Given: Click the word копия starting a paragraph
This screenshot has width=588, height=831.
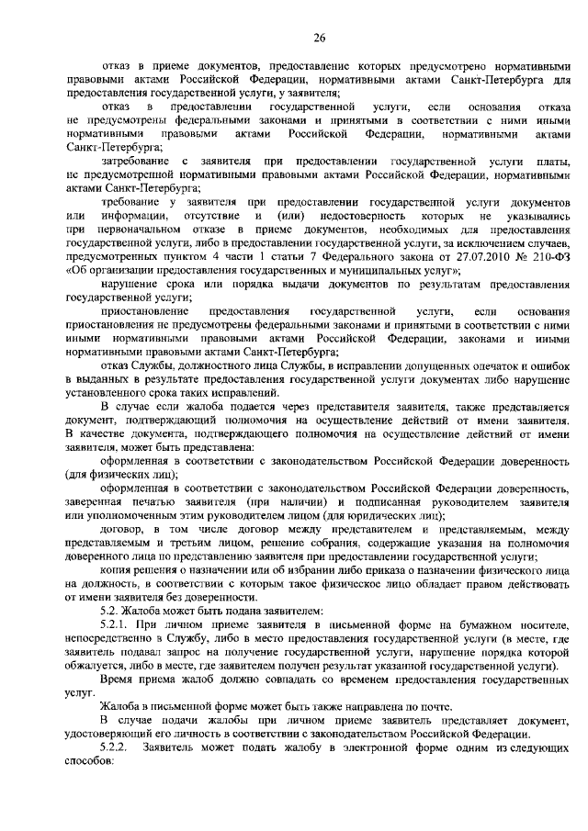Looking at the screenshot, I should [118, 569].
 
